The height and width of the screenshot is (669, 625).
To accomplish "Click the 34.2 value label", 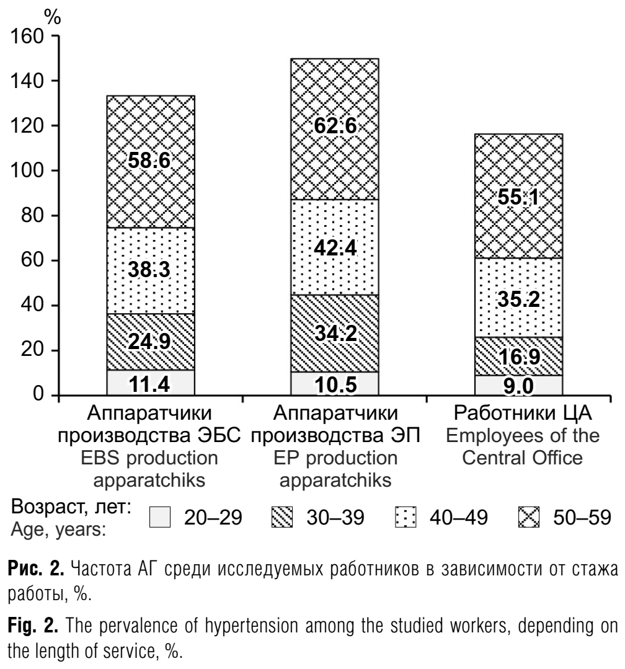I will click(x=335, y=333).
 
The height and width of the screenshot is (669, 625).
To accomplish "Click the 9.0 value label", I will click(x=518, y=386).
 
